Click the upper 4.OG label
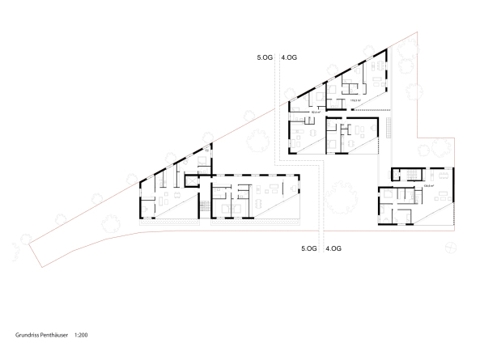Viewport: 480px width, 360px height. click(289, 58)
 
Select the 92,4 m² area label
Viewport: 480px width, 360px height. click(316, 112)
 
